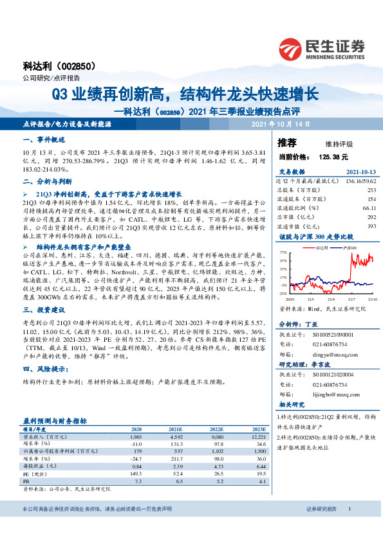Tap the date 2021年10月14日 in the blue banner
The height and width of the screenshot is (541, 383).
(280, 123)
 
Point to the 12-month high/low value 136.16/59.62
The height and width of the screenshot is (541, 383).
(358, 181)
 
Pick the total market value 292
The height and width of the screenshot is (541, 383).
(371, 217)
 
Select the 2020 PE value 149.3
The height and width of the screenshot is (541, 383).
(136, 474)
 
